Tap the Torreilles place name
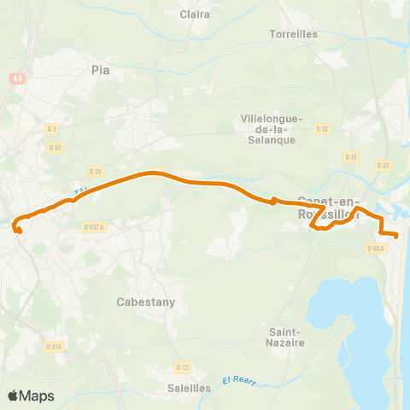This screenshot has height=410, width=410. [293, 34]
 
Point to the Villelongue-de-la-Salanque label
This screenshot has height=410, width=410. [268, 129]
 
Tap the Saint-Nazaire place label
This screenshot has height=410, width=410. [284, 337]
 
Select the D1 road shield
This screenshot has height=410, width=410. [52, 129]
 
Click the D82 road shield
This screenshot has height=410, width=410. [56, 147]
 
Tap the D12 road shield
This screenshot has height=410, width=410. [322, 129]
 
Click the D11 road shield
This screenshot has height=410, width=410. [350, 157]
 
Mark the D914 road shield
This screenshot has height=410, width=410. [53, 347]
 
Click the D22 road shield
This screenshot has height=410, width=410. [181, 367]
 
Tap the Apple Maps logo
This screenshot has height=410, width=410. [30, 395]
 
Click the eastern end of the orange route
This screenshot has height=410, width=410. [396, 235]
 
